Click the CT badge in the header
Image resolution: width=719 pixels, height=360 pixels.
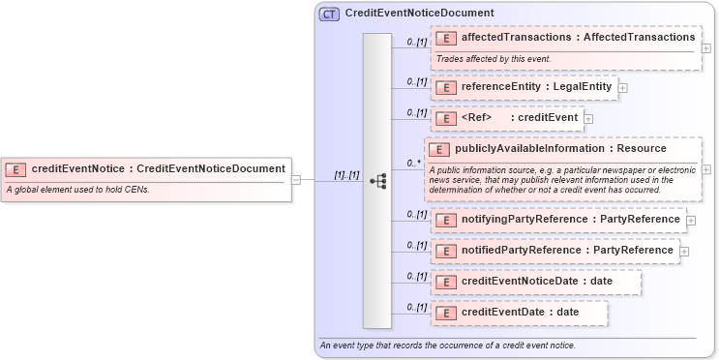point(328,14)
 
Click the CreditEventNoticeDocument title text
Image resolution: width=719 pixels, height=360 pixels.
point(405,14)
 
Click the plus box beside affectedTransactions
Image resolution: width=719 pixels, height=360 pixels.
point(706,48)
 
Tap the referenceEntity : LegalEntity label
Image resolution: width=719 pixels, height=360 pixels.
point(536,87)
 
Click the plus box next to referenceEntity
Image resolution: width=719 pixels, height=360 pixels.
point(622,88)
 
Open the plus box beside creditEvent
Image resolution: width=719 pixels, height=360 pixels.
point(588,119)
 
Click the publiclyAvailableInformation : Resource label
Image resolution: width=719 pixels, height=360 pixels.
point(560,149)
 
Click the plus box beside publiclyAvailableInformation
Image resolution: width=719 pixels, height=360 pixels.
point(706,169)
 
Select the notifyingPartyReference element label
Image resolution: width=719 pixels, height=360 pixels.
point(570,220)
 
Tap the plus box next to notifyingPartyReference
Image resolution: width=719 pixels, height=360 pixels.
point(691,221)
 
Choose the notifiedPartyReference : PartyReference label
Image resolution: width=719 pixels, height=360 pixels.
point(566,251)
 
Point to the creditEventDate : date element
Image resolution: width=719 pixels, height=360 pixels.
point(520,313)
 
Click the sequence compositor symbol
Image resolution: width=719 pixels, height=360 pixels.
point(378,180)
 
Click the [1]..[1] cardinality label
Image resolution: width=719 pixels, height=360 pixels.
point(346,175)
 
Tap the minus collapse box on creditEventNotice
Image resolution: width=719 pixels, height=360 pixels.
point(296,180)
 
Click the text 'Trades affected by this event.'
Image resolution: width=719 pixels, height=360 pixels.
point(494,59)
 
